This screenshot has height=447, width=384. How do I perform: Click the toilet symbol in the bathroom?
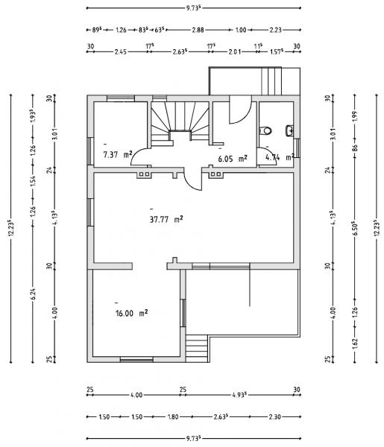point(265,131)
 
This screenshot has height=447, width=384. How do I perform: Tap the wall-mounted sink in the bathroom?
point(289,130)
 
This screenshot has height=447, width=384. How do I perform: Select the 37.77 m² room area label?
point(166,220)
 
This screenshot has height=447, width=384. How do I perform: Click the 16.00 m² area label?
point(131,314)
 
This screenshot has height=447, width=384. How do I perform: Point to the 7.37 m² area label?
point(118,155)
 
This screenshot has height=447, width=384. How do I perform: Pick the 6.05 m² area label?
point(232,159)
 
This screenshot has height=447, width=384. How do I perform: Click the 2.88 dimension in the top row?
point(198,30)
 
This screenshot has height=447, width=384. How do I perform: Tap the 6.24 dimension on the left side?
point(33,294)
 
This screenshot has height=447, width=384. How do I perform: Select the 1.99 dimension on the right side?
point(355,116)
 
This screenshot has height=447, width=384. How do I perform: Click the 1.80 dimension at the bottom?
point(173,416)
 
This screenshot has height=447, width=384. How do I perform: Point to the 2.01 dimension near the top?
point(235,52)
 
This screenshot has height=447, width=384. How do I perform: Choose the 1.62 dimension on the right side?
point(355,343)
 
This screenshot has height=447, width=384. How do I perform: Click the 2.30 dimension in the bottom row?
point(274,416)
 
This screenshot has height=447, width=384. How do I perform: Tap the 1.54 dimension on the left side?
point(33,182)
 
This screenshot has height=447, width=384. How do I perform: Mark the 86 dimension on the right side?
point(355,148)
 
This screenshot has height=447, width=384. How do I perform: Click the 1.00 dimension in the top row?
point(241,30)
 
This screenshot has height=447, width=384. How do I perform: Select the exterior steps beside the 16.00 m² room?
point(197,348)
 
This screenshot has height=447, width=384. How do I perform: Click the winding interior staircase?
point(180,123)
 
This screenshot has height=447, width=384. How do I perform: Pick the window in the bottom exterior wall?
point(136,360)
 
